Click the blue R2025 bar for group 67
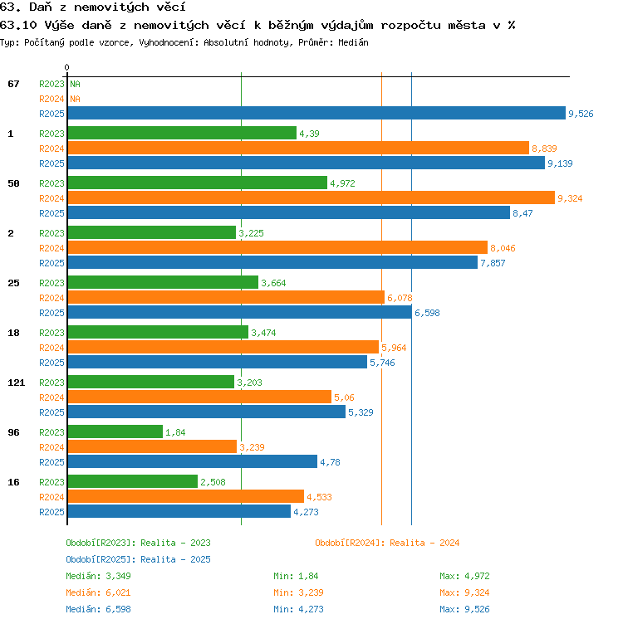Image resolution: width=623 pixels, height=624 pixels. click(x=316, y=113)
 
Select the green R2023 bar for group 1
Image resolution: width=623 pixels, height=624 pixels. click(x=182, y=133)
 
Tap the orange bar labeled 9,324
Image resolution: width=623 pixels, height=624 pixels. click(x=311, y=197)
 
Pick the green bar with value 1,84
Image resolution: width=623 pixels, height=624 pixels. click(x=115, y=431)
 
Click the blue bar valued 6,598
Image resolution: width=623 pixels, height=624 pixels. click(x=240, y=312)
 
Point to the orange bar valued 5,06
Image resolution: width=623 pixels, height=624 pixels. click(x=199, y=397)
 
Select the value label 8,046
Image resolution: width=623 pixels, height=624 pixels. click(x=503, y=248)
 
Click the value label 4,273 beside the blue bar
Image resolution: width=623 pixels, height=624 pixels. click(x=306, y=512)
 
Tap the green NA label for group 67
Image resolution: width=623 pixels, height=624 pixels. click(x=75, y=84)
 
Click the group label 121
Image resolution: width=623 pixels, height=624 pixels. click(x=17, y=383)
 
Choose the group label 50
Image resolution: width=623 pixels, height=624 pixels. click(x=13, y=183)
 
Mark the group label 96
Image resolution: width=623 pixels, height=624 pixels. click(x=13, y=432)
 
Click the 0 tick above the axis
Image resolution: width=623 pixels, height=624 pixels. click(x=67, y=67)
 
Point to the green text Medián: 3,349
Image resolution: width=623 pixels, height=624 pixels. click(x=98, y=576)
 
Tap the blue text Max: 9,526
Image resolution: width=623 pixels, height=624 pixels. click(x=464, y=609)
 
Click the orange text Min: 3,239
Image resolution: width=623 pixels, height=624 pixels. click(x=298, y=592)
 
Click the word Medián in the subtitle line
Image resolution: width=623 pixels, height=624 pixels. click(x=353, y=42)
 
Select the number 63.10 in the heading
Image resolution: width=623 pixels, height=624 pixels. click(x=18, y=26)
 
